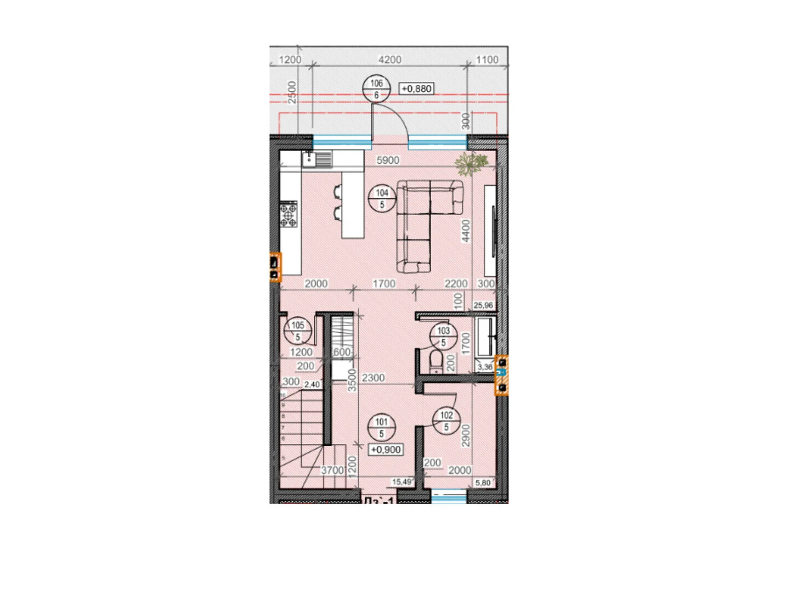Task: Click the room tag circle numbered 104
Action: [382, 198]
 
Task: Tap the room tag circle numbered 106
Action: [376, 89]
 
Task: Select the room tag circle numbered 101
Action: [381, 427]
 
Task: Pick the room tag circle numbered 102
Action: [446, 421]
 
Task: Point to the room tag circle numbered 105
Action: [297, 331]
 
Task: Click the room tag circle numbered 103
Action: [443, 336]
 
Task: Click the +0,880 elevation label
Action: [416, 89]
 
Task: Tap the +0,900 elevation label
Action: [386, 450]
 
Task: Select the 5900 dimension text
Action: [388, 160]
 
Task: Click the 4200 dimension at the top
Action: [390, 59]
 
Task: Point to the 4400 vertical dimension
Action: [465, 231]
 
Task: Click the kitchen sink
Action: [316, 159]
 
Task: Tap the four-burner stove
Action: [288, 214]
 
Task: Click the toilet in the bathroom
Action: [436, 361]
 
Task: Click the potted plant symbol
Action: [471, 163]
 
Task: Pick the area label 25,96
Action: [483, 305]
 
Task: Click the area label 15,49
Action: [401, 482]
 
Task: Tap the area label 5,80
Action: [483, 483]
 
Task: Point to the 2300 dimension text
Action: [373, 378]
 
